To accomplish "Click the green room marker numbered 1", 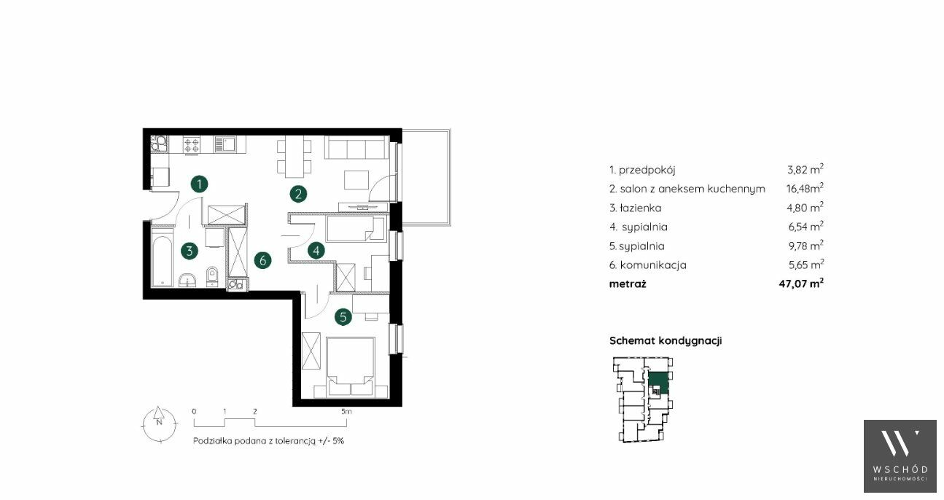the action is [x=199, y=184].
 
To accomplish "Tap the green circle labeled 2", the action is [x=298, y=194].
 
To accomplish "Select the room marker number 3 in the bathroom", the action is [x=190, y=251].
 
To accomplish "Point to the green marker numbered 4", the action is [x=316, y=251].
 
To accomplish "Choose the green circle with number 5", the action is [x=343, y=317].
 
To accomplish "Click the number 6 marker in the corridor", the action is [x=263, y=260].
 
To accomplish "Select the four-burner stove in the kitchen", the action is [x=192, y=145].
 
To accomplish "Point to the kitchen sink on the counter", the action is [x=225, y=144].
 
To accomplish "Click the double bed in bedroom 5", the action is [x=351, y=367].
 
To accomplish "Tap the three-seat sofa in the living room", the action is [x=356, y=147].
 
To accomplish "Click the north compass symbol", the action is [x=159, y=423].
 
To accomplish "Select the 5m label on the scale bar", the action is [x=346, y=412].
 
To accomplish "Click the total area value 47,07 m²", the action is [x=801, y=283].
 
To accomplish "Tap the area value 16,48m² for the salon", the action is [x=805, y=188].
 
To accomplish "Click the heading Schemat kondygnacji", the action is [x=666, y=340].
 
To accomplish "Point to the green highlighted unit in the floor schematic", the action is [x=658, y=383].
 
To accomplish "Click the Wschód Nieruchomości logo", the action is [x=900, y=456].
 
